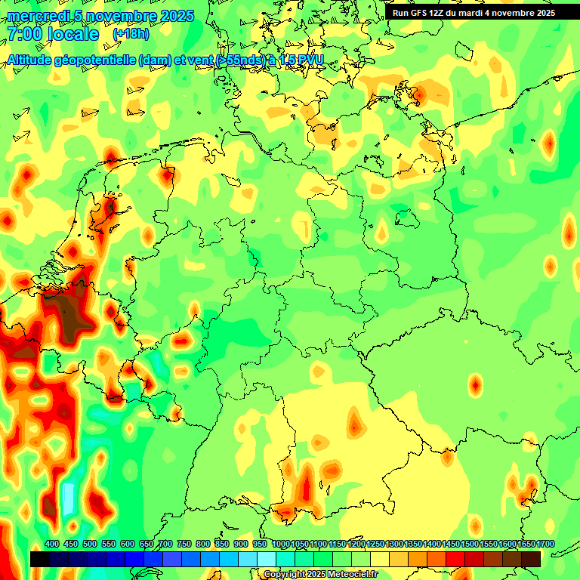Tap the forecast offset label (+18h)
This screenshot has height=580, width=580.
(131, 34)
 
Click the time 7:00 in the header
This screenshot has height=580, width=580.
(23, 34)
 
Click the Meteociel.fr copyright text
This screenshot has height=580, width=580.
(321, 574)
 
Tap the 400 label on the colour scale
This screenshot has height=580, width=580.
(52, 545)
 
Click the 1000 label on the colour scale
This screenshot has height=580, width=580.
(280, 545)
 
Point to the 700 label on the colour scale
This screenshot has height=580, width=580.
(165, 545)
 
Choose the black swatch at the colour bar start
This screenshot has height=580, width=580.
(39, 559)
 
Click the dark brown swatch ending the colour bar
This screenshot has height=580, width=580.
(531, 559)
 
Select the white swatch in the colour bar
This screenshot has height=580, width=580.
(267, 559)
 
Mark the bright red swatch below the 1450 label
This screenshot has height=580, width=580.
(455, 559)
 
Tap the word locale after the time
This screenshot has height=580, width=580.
(73, 34)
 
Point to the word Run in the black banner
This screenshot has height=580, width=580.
(401, 13)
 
